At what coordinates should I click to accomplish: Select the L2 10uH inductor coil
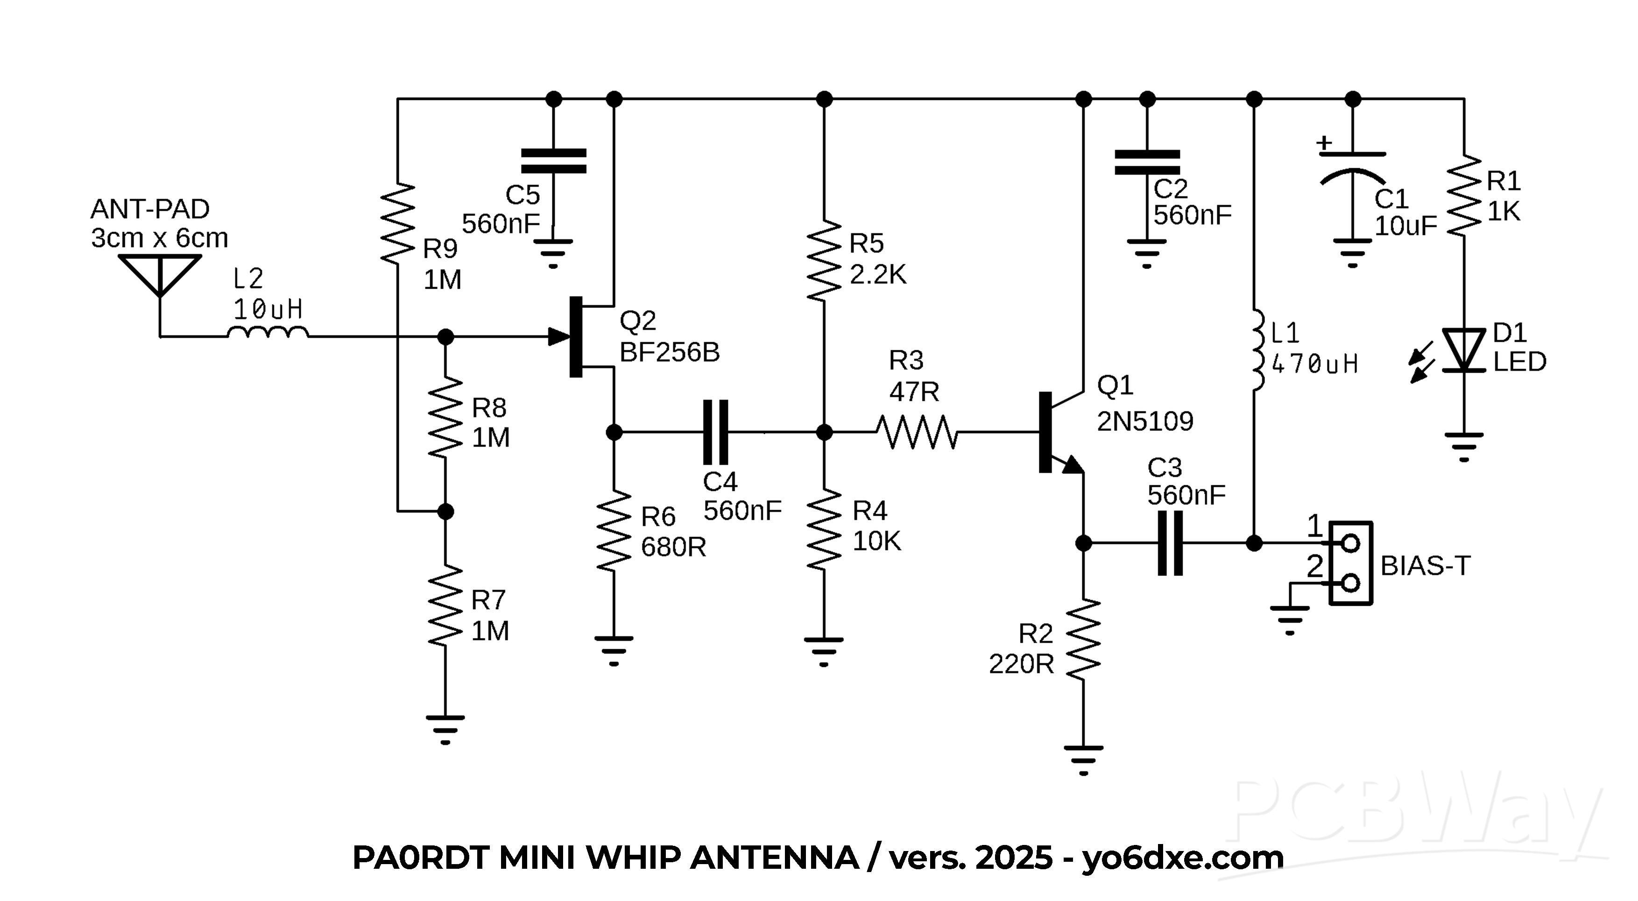268,333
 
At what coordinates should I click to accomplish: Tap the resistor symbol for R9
397,222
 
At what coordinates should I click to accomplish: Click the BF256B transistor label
669,352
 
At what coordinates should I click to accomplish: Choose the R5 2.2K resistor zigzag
824,261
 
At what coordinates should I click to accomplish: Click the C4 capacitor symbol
715,433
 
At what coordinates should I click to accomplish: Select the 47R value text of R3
914,392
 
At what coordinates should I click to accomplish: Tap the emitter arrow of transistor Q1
1072,465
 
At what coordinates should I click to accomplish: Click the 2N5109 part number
1144,421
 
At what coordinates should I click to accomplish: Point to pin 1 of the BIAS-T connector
1350,543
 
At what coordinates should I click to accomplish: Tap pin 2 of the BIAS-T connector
1350,583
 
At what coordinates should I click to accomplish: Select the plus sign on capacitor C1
1324,142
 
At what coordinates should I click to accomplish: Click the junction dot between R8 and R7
446,511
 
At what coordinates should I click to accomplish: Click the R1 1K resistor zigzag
1464,195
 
